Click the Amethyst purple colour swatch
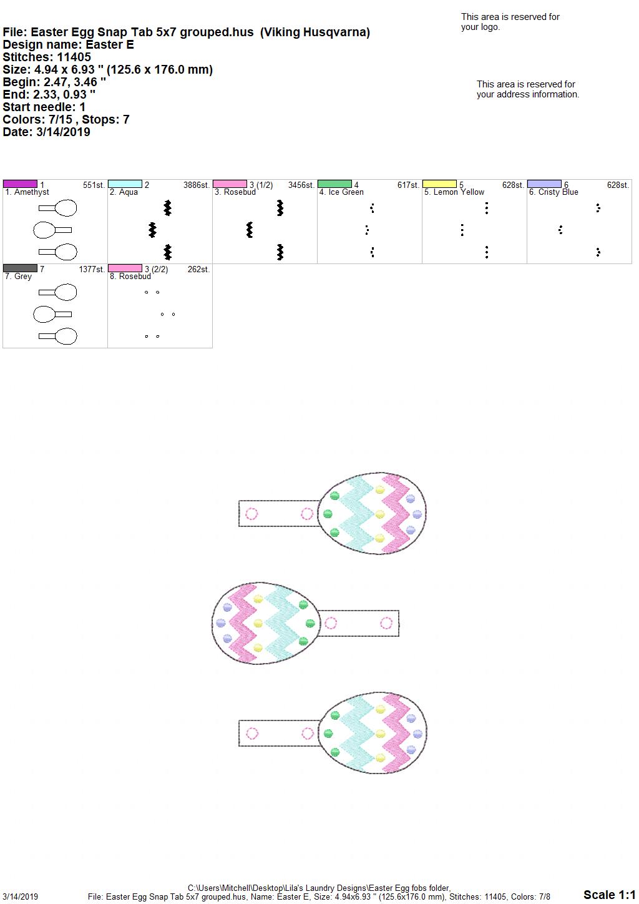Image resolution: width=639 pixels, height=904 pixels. [20, 184]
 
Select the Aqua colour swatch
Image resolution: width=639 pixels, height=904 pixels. [125, 184]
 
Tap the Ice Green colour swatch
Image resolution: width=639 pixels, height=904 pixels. [335, 184]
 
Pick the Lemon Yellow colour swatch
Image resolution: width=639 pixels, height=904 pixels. [440, 184]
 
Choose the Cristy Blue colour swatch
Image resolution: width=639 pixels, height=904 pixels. [545, 184]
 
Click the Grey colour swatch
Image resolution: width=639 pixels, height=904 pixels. [20, 268]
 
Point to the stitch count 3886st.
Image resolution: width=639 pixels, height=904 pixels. [197, 185]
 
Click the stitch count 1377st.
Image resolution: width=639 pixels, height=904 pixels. [92, 269]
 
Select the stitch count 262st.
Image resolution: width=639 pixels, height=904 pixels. [198, 269]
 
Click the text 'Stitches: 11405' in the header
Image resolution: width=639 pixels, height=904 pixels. [47, 57]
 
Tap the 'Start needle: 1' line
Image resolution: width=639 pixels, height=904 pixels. [44, 107]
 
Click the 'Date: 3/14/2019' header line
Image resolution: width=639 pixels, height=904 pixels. [46, 132]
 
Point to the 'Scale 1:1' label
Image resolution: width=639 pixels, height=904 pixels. [609, 895]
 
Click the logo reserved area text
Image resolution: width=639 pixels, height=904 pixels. [510, 22]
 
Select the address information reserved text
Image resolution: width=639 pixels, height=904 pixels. [528, 89]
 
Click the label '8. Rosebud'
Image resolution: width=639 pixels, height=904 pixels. [130, 277]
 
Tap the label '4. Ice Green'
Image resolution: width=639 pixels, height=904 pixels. [341, 192]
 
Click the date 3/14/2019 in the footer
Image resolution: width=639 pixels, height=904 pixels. [20, 897]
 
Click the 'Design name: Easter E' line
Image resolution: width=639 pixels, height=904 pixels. [68, 44]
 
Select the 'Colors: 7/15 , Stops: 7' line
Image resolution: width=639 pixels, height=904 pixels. [66, 119]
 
